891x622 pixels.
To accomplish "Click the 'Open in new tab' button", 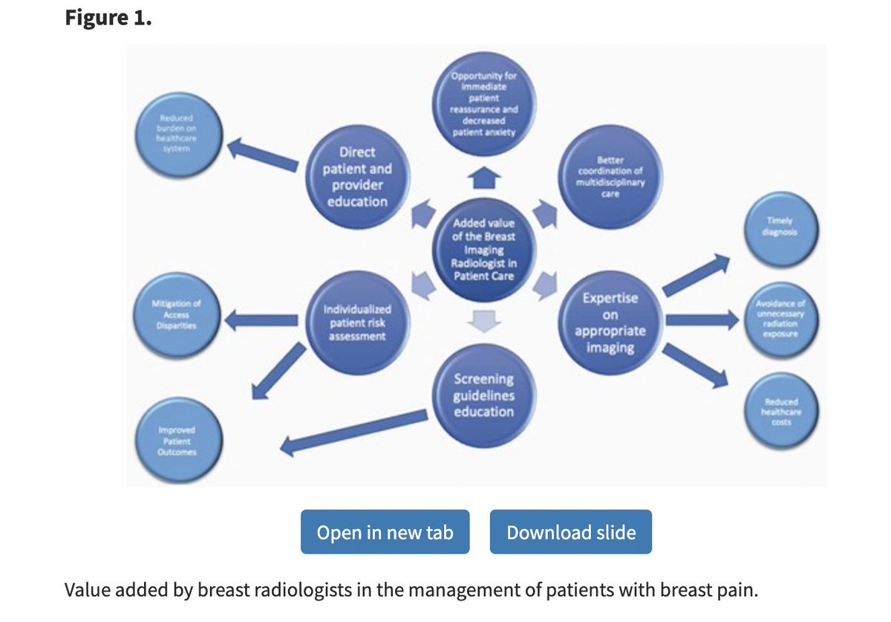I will click(x=385, y=532).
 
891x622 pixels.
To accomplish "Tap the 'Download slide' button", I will click(x=570, y=532).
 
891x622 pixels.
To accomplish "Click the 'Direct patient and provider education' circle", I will click(x=358, y=177).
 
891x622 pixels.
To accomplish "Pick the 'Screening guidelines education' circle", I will click(x=483, y=395).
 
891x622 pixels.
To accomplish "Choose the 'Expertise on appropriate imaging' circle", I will click(x=610, y=321).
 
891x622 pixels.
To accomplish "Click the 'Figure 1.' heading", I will click(x=108, y=18).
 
